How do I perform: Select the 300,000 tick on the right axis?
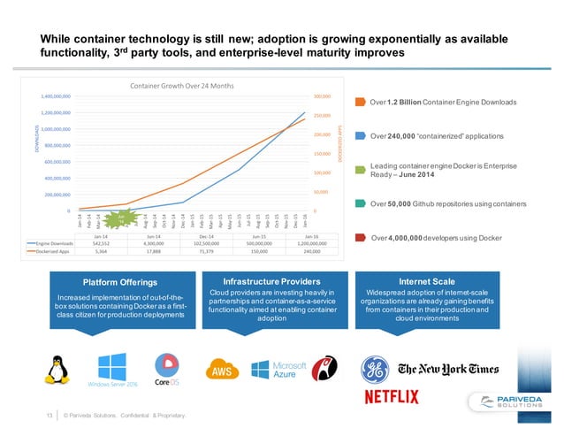pyautogui.click(x=321, y=96)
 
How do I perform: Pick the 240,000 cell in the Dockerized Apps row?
pyautogui.click(x=311, y=250)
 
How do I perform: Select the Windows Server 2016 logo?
pyautogui.click(x=111, y=370)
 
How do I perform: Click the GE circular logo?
pyautogui.click(x=374, y=368)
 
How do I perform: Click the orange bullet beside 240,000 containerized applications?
pyautogui.click(x=361, y=136)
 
